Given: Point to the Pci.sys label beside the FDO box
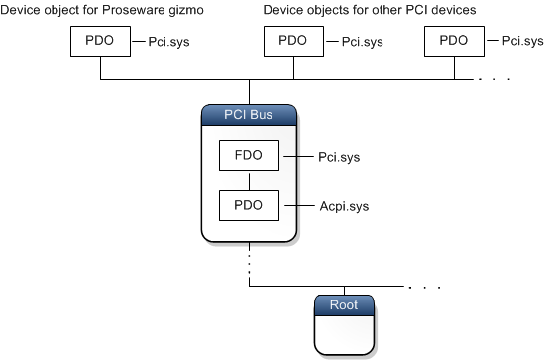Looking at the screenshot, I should pyautogui.click(x=337, y=157).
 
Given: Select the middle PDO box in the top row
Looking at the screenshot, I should pyautogui.click(x=293, y=42).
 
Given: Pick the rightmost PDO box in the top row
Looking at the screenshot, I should pyautogui.click(x=453, y=42).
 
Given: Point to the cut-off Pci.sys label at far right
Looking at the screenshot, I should pyautogui.click(x=522, y=42).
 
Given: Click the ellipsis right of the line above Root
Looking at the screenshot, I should pyautogui.click(x=424, y=287).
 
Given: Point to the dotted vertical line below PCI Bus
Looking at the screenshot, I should pyautogui.click(x=249, y=263).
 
